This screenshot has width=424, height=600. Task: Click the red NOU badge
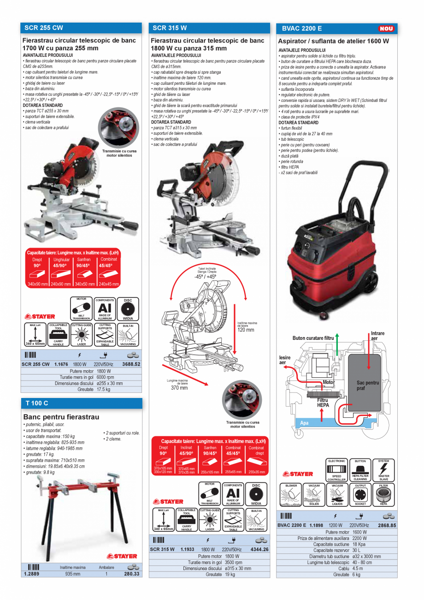tap(386, 29)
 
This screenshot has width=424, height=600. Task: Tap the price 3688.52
tap(131, 364)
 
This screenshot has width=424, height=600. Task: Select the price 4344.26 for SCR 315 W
tap(259, 549)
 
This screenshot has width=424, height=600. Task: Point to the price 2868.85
tap(386, 525)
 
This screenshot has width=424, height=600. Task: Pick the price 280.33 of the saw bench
tap(131, 574)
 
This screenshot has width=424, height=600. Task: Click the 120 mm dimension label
tap(246, 330)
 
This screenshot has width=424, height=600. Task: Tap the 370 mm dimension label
tap(179, 387)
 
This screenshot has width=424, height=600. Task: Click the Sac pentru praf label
tap(367, 386)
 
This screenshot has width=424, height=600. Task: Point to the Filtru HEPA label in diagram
tap(323, 403)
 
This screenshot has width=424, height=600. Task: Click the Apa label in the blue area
tap(304, 422)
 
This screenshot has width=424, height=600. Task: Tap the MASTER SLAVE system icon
tap(383, 470)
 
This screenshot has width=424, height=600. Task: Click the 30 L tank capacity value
tap(356, 550)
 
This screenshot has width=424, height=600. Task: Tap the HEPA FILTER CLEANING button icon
tap(360, 470)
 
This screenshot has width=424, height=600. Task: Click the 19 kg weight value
tap(230, 575)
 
